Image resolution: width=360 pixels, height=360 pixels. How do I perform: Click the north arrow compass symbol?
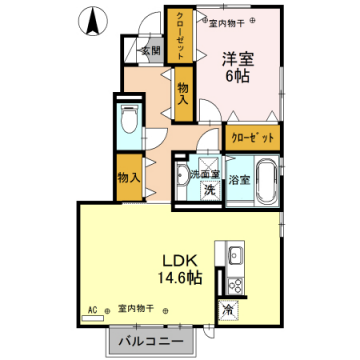point(93,17)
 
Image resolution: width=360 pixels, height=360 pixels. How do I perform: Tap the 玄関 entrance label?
point(149,50)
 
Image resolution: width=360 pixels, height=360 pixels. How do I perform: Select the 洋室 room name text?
point(237,58)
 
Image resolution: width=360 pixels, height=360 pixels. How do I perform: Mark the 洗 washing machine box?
point(210,188)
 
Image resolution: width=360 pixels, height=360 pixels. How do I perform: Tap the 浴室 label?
point(239,181)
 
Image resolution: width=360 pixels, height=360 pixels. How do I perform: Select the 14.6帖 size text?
point(178,276)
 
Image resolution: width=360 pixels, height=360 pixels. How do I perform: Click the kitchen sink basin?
point(236,253)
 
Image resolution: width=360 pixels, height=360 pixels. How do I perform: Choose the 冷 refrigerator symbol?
point(228,309)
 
